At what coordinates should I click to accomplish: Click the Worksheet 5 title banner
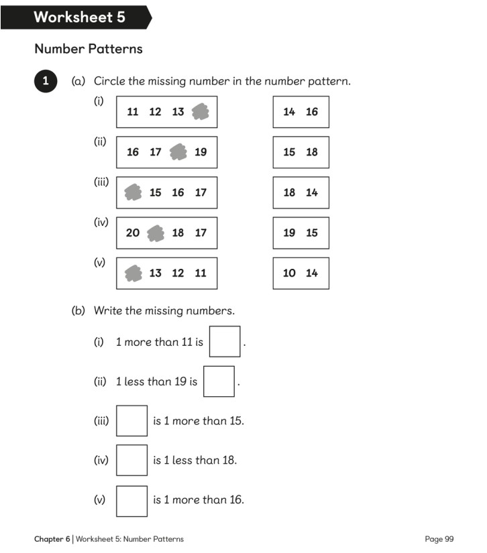[79, 17]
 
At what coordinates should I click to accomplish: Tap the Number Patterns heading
[88, 49]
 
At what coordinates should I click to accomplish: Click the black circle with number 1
[45, 81]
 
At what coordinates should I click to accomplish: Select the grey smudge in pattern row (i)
[200, 112]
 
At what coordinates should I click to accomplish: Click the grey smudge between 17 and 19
[178, 152]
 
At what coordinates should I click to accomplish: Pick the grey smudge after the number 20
[156, 233]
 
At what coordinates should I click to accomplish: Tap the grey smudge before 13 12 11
[133, 273]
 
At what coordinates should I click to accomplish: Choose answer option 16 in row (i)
[312, 112]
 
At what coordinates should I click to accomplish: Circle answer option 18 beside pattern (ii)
[312, 152]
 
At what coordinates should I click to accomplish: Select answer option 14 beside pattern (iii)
[312, 192]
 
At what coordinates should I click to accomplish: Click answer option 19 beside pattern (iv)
[289, 233]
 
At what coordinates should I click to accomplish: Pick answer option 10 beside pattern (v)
[289, 273]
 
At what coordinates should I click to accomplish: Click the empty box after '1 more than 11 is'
[225, 341]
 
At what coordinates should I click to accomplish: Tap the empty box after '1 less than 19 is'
[219, 381]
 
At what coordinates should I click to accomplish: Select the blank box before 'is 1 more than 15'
[131, 421]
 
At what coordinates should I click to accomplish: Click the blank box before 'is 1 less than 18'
[131, 460]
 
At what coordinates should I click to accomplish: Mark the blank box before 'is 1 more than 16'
[131, 500]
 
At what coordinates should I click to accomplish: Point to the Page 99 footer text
[439, 539]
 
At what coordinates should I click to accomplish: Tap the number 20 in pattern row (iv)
[133, 233]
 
